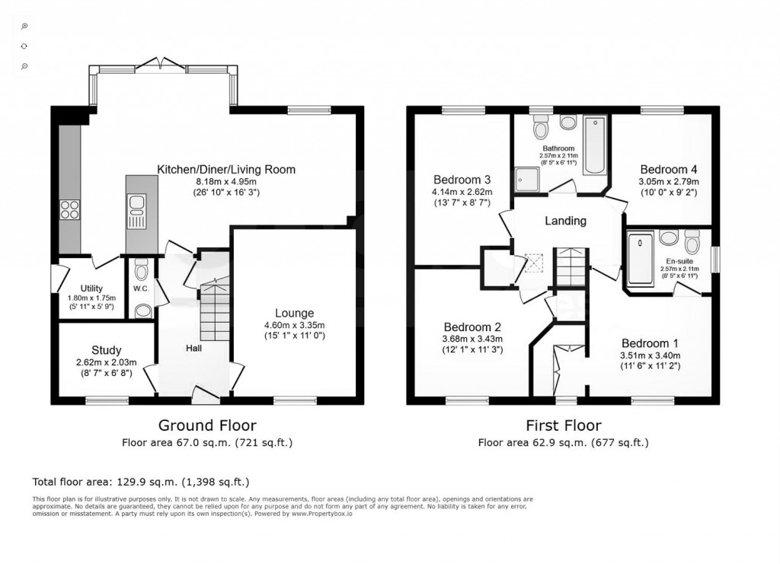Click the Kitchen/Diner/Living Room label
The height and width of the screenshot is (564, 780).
point(226,170)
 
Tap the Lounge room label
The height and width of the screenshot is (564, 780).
point(294,313)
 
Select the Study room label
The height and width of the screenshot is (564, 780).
point(107,351)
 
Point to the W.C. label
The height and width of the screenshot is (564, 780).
point(141,289)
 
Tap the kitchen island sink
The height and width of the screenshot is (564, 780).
point(138,203)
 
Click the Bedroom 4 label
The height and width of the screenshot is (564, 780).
point(669,170)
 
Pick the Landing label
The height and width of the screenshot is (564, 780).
point(565,221)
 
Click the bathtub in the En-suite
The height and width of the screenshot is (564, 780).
point(639,259)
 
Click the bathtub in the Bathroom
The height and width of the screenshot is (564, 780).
point(594,145)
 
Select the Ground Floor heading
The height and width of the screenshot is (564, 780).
point(207,425)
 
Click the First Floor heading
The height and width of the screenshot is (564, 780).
point(563,425)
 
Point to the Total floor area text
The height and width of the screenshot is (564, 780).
point(141,482)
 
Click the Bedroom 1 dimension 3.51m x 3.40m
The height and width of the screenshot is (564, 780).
point(650,355)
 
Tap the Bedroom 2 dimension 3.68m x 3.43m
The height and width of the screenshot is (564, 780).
point(473,339)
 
